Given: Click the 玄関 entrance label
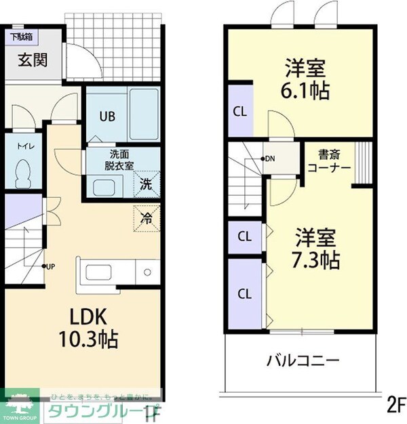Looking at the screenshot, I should click(32, 60).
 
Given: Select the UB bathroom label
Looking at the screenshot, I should click(108, 116).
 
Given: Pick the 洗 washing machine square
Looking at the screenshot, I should click(147, 182).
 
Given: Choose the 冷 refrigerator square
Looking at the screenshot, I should click(147, 218).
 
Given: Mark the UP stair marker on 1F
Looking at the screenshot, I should click(49, 266).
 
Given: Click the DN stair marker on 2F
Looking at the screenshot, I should click(268, 159).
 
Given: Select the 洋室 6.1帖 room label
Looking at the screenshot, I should click(307, 80).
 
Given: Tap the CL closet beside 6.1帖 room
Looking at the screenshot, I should click(239, 111).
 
